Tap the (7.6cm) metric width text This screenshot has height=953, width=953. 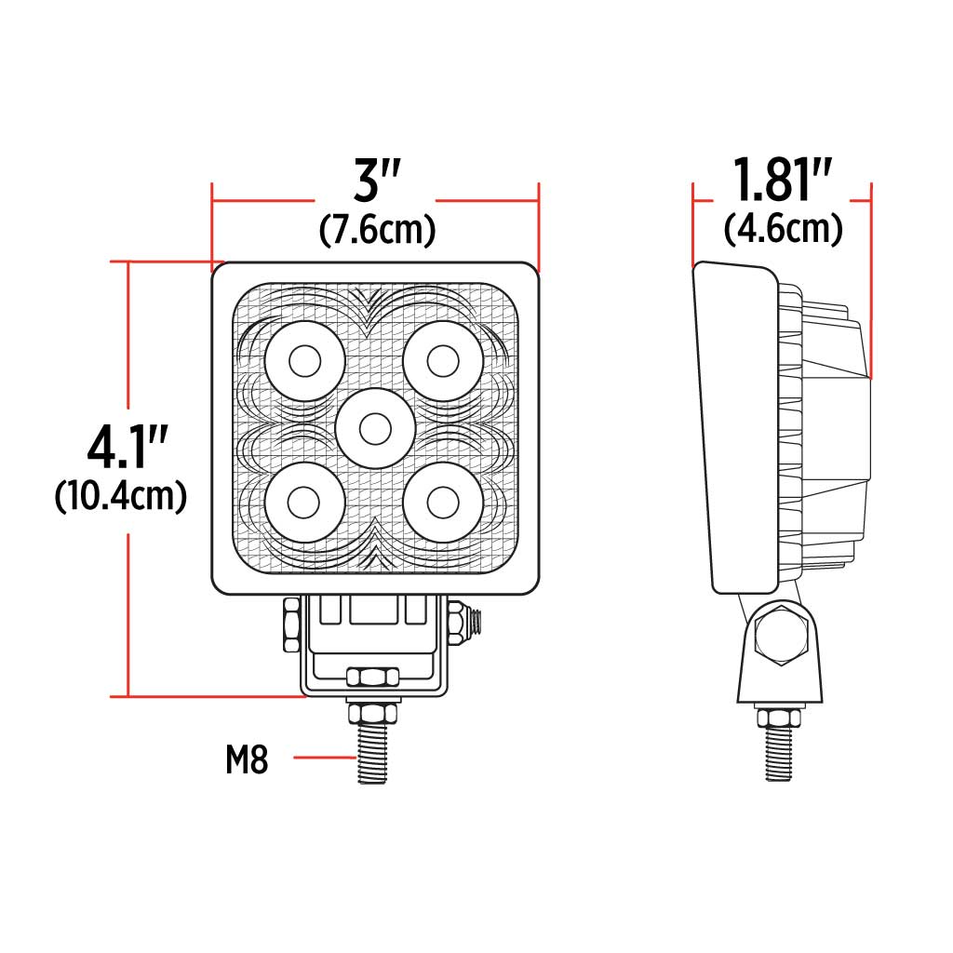377,229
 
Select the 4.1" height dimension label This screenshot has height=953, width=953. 121,449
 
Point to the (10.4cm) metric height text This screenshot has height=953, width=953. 121,495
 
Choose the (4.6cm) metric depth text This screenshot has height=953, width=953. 784,229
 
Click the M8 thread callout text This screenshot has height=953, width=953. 247,760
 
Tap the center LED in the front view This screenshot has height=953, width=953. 375,429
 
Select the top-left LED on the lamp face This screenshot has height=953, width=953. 304,361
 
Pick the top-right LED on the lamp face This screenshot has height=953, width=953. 443,361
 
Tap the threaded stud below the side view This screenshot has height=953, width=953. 778,754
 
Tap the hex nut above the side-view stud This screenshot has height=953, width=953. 778,718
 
